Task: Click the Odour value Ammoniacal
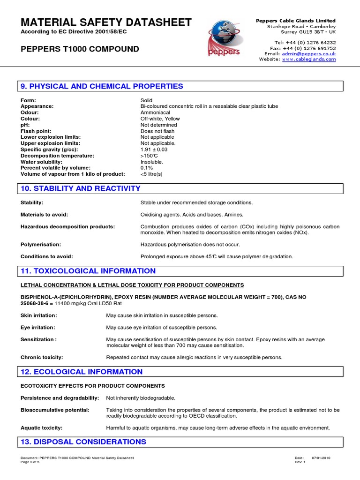(x=155, y=112)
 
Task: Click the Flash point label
(x=36, y=131)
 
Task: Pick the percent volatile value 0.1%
(x=147, y=167)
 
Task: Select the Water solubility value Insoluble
(x=152, y=161)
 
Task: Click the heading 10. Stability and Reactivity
(x=80, y=188)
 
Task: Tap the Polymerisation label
(x=40, y=244)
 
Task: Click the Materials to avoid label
(x=45, y=214)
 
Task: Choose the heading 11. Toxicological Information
(x=88, y=271)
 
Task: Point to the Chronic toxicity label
(x=42, y=357)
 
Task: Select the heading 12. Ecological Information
(x=82, y=372)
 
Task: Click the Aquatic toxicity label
(x=42, y=427)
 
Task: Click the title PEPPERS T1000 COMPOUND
(x=80, y=49)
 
